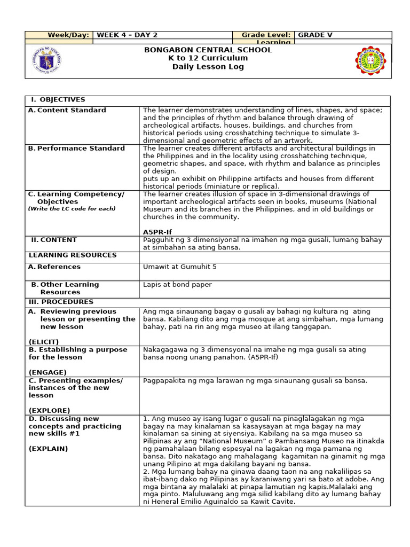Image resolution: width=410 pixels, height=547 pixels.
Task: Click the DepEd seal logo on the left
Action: click(x=46, y=60)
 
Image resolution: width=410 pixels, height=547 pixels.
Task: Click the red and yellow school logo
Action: click(x=369, y=60)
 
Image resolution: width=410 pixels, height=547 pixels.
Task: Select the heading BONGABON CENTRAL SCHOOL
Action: click(x=208, y=50)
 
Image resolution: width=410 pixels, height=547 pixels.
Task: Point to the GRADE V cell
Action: click(x=315, y=35)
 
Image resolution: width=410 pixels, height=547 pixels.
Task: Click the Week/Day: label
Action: click(x=68, y=35)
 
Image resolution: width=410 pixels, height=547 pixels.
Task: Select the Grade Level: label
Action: click(x=266, y=35)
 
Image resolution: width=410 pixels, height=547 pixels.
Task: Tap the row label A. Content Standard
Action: click(x=67, y=110)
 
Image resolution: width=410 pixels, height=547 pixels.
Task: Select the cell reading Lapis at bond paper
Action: click(x=177, y=285)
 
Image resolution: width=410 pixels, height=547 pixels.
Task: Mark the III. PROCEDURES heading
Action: click(x=61, y=302)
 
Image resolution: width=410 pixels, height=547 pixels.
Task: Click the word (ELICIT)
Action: click(x=44, y=341)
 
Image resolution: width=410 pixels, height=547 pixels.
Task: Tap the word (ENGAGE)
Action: click(x=48, y=372)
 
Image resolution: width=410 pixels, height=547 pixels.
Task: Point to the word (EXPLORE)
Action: click(x=49, y=410)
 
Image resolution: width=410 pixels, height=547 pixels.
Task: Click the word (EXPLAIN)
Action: click(x=49, y=449)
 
